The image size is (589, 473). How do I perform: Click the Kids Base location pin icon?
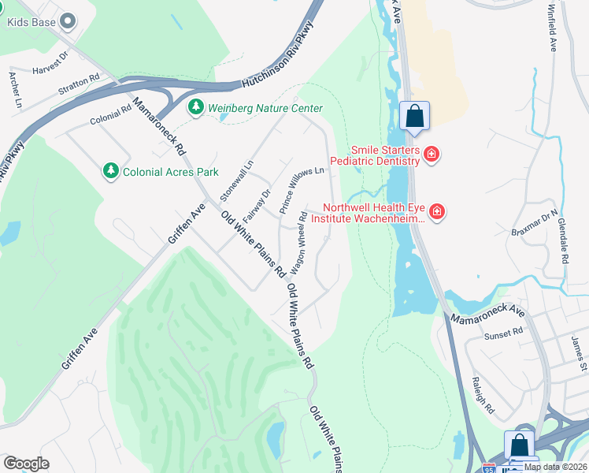tap(69, 22)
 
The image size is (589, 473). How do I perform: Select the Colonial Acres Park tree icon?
tap(111, 170)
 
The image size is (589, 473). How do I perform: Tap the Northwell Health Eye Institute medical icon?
tap(437, 211)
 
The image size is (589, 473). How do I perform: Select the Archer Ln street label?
tap(14, 89)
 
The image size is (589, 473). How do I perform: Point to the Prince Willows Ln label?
tap(302, 190)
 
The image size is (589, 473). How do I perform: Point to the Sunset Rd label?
tap(507, 333)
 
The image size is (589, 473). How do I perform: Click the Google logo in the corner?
tap(26, 463)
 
